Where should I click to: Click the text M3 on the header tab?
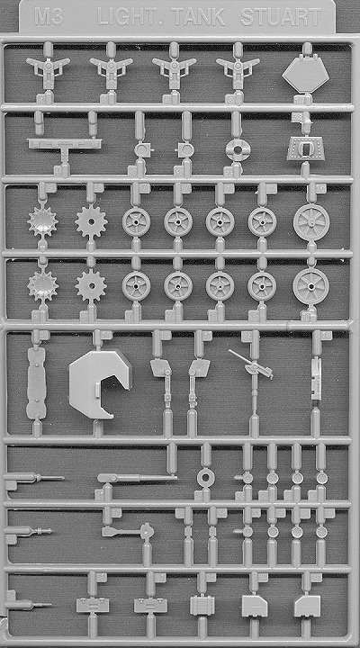coord(49,18)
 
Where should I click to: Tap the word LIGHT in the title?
coord(129,18)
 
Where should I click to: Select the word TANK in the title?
coord(199,18)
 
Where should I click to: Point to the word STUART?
coord(281,18)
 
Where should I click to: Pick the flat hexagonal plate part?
coord(305,76)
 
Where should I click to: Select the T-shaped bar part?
coord(65,148)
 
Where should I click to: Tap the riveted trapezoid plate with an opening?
coord(305,148)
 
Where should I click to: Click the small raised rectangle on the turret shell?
coord(98,390)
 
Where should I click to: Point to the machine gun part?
coord(252,364)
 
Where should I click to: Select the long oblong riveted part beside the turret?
coord(36,382)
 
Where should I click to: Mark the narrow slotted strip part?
coord(316,379)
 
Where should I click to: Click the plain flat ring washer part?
coord(205,478)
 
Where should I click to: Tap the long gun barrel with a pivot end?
coord(137,478)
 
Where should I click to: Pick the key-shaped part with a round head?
coord(128,531)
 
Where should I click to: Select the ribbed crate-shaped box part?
coord(202,605)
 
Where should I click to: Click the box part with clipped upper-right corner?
coord(254,607)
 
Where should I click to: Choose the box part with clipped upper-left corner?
coord(307,607)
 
